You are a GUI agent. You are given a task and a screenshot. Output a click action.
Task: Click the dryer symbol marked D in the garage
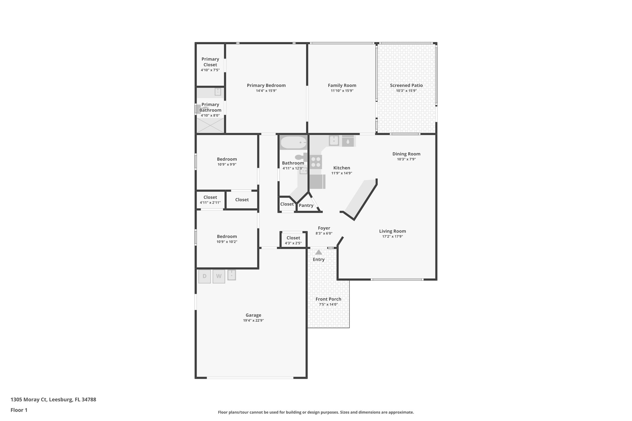pos(204,276)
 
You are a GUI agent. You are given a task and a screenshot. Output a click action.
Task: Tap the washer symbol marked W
pos(218,276)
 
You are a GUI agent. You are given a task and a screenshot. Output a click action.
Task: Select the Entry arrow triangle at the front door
pos(318,252)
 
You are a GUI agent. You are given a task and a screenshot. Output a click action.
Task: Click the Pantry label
pos(306,205)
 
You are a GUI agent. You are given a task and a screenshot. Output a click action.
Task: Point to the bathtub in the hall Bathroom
pos(293,143)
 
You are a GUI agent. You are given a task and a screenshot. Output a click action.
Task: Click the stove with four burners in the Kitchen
pos(315,162)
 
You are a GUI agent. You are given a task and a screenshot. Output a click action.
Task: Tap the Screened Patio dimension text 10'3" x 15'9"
pos(406,91)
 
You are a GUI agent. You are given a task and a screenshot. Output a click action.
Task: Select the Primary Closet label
pos(210,62)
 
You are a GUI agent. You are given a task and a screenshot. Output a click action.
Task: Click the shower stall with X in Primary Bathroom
pos(210,126)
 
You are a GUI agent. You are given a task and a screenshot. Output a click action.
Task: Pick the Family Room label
pos(342,85)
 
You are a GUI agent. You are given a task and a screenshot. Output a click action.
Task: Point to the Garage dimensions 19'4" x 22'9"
pos(253,320)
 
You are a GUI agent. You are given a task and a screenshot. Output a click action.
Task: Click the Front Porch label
pos(328,299)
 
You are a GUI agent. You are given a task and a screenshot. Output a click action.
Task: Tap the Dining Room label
pos(406,154)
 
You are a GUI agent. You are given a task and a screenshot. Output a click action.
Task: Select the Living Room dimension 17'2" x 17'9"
pos(392,237)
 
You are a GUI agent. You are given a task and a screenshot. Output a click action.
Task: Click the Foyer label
pos(324,228)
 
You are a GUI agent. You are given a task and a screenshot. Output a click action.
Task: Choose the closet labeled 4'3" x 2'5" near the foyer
pos(293,240)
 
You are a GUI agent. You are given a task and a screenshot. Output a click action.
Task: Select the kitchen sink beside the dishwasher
pos(334,140)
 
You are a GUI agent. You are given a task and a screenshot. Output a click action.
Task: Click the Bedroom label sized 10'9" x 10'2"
pos(227,237)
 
